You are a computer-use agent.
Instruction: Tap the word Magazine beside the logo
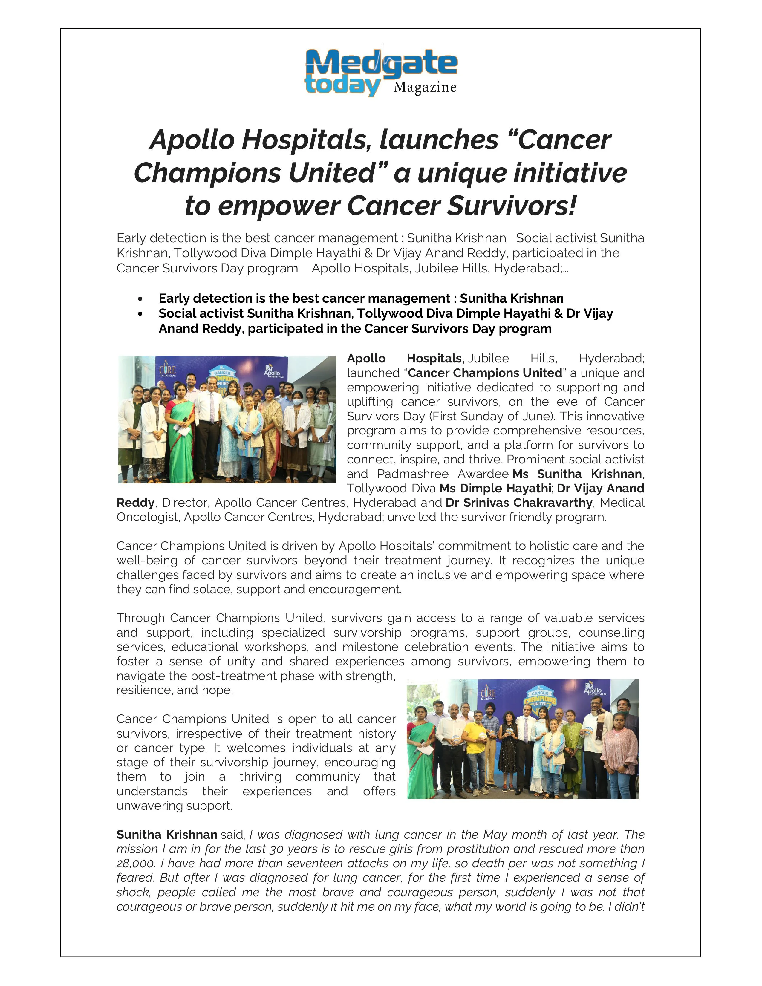click(424, 88)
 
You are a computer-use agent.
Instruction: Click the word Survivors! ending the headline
click(512, 206)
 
